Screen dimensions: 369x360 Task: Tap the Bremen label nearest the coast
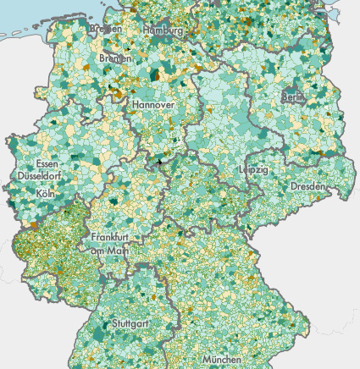coord(106,28)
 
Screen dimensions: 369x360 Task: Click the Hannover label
coord(152,104)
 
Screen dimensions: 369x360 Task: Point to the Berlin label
coord(292,97)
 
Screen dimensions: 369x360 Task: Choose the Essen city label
coord(48,163)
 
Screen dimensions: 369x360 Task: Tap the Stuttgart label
coord(132,323)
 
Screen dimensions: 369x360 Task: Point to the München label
coord(221,359)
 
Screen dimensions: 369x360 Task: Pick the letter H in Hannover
coord(134,104)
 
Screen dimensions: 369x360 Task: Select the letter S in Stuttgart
coord(114,323)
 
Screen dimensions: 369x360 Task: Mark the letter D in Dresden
coord(293,185)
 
